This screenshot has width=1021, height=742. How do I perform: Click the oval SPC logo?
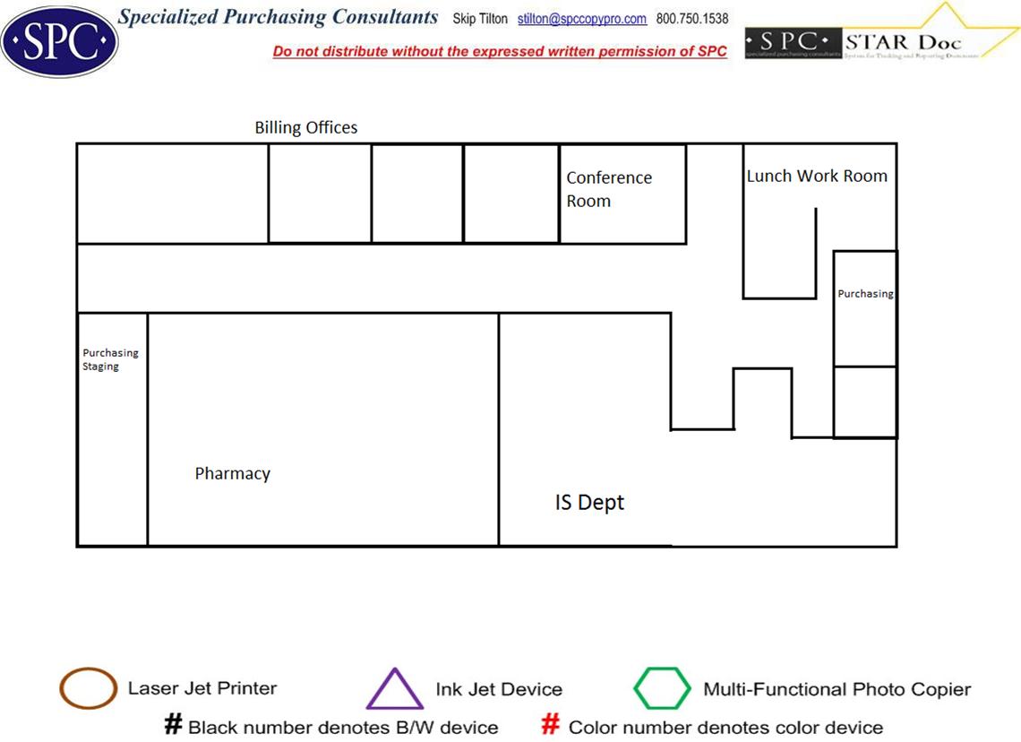59,41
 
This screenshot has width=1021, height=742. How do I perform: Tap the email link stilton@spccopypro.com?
582,19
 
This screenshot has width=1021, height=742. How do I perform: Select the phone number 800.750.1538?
692,19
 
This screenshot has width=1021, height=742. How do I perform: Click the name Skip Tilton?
480,19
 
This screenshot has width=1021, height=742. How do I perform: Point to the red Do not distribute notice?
500,52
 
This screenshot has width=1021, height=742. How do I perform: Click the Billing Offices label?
306,127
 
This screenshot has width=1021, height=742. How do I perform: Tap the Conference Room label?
608,189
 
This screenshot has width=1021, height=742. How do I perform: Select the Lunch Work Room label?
817,176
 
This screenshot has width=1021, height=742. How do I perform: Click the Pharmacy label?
233,473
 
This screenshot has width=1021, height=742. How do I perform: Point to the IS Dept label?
589,503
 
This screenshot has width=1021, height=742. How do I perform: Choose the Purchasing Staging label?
110,359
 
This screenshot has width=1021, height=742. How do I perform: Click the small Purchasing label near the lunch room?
865,294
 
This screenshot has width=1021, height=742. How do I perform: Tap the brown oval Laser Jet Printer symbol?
88,689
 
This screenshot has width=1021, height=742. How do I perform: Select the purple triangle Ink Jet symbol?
394,691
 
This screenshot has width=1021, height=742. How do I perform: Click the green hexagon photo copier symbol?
662,689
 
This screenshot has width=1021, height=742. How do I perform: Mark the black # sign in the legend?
174,725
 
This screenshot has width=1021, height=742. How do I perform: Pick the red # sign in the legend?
552,725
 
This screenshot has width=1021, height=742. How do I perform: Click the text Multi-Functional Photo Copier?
837,689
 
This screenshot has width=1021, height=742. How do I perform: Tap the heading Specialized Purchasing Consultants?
279,17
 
